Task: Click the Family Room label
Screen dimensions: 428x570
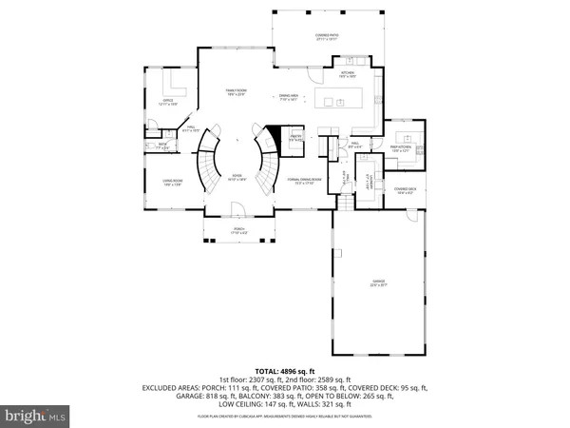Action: pyautogui.click(x=236, y=93)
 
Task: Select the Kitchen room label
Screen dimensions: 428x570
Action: pyautogui.click(x=348, y=74)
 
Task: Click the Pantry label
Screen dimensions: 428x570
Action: pyautogui.click(x=295, y=139)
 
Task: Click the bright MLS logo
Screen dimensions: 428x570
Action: pyautogui.click(x=35, y=416)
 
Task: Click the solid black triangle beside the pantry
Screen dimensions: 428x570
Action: pyautogui.click(x=272, y=134)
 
